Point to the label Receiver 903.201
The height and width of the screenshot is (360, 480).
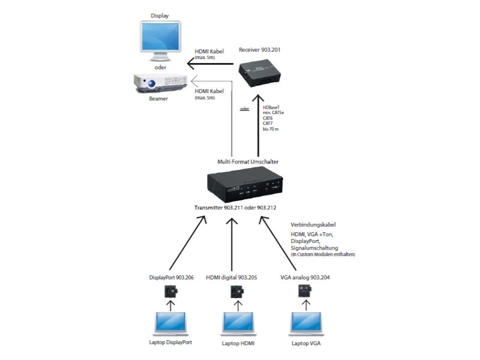260,50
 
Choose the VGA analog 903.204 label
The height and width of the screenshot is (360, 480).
305,277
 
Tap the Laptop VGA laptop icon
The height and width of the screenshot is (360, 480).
305,325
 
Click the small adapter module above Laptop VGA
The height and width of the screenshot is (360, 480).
305,292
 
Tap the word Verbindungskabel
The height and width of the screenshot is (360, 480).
308,226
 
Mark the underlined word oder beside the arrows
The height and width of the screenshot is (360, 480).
244,109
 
